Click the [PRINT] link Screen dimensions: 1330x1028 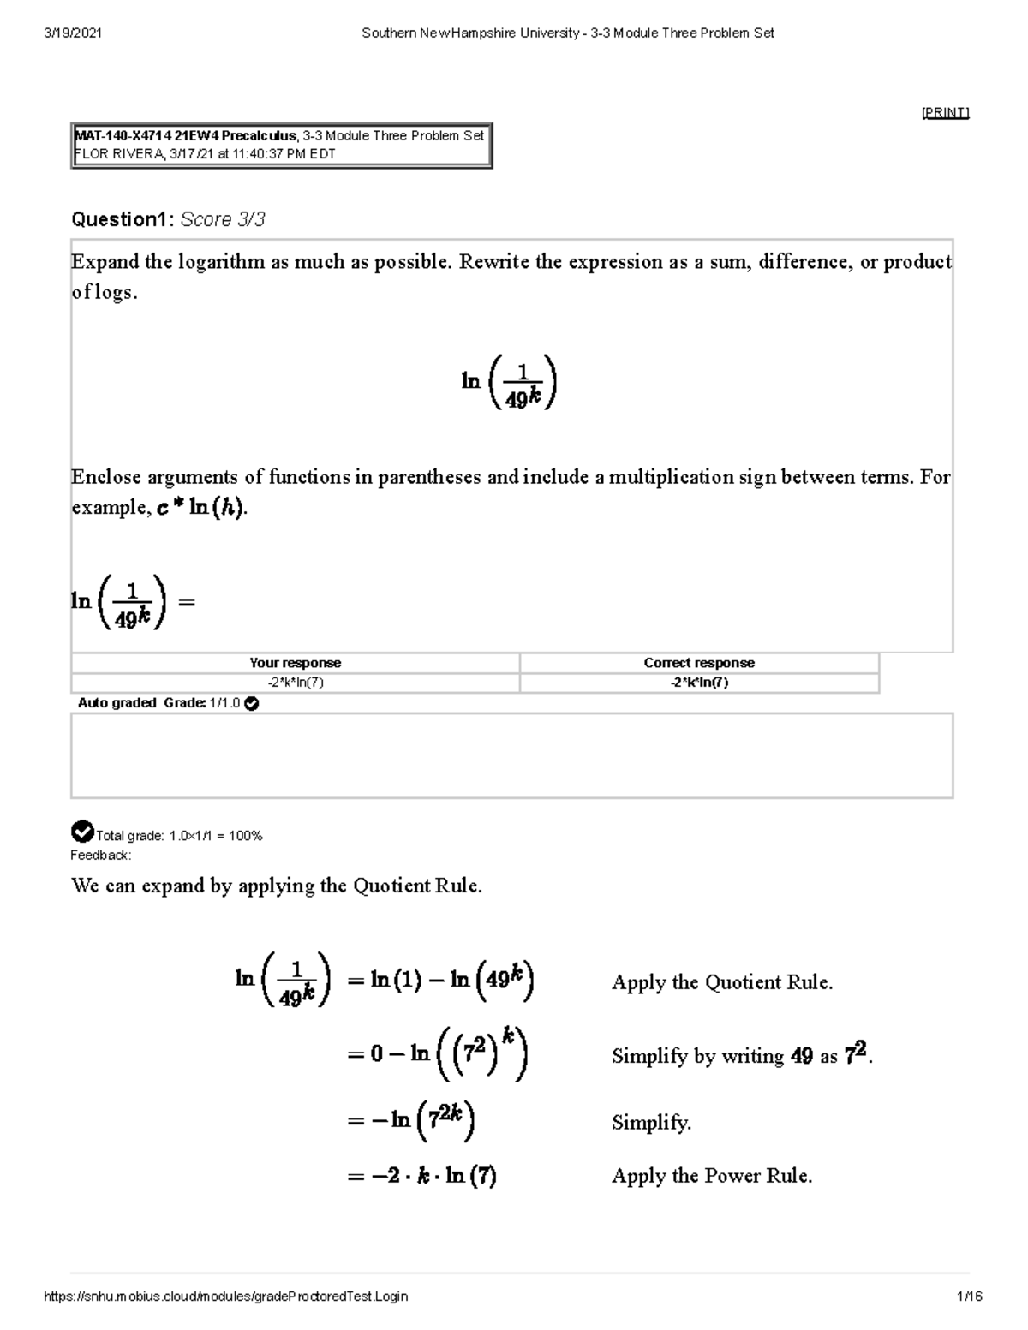[945, 113]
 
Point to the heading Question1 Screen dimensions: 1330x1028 [122, 219]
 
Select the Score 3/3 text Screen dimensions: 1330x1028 [223, 219]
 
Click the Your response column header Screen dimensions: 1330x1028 [295, 663]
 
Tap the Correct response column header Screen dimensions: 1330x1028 [699, 663]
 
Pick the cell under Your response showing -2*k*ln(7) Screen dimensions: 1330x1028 [295, 683]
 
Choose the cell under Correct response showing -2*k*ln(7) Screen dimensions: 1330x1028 [699, 683]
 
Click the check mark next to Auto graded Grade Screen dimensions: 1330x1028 [252, 703]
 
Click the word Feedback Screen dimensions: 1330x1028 [100, 855]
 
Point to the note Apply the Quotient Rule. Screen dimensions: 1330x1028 [721, 982]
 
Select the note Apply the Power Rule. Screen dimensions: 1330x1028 [711, 1176]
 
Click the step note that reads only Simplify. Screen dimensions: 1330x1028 [651, 1122]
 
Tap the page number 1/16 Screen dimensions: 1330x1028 [970, 1297]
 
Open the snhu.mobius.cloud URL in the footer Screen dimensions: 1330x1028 [225, 1297]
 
